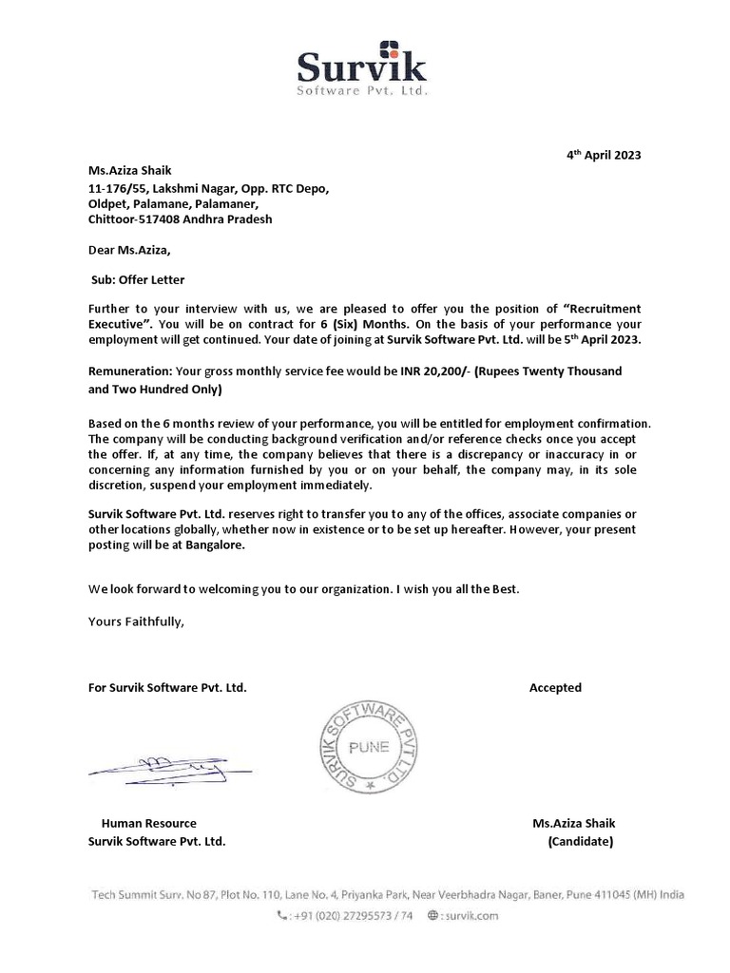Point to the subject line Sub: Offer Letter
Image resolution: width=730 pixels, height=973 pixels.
click(x=137, y=280)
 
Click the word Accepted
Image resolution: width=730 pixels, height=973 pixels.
click(x=555, y=687)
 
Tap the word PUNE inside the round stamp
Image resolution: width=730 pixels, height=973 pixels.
click(x=367, y=747)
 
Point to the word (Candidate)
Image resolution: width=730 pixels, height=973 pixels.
click(x=581, y=841)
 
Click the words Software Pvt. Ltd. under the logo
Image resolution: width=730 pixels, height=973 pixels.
click(x=363, y=91)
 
